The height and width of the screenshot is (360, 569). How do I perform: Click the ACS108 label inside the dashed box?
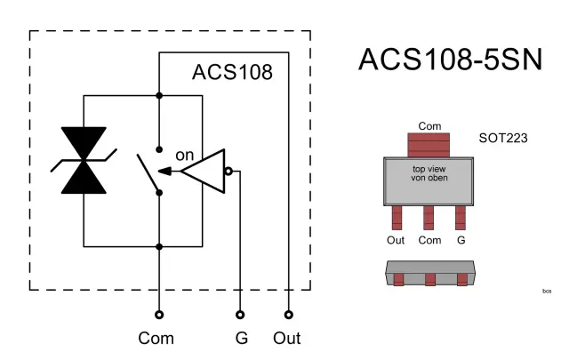coord(232,72)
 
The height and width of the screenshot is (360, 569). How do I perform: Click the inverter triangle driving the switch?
coord(203,172)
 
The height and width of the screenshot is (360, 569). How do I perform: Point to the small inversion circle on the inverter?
coord(228,172)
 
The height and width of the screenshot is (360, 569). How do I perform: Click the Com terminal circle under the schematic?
coord(159,314)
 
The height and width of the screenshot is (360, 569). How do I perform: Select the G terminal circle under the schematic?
coord(241,314)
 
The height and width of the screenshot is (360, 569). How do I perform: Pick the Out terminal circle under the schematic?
coord(289,314)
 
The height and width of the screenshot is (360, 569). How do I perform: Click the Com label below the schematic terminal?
coord(156,339)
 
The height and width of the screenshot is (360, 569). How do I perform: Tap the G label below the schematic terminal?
coord(241,339)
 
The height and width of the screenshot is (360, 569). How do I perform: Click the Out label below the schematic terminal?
coord(287,339)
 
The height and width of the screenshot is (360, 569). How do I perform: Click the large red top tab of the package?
coord(429,145)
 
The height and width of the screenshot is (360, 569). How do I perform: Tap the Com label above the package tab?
coord(429,126)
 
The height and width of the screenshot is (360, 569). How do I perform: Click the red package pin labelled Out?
coord(397,216)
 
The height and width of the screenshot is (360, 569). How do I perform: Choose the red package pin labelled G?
coord(461,216)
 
